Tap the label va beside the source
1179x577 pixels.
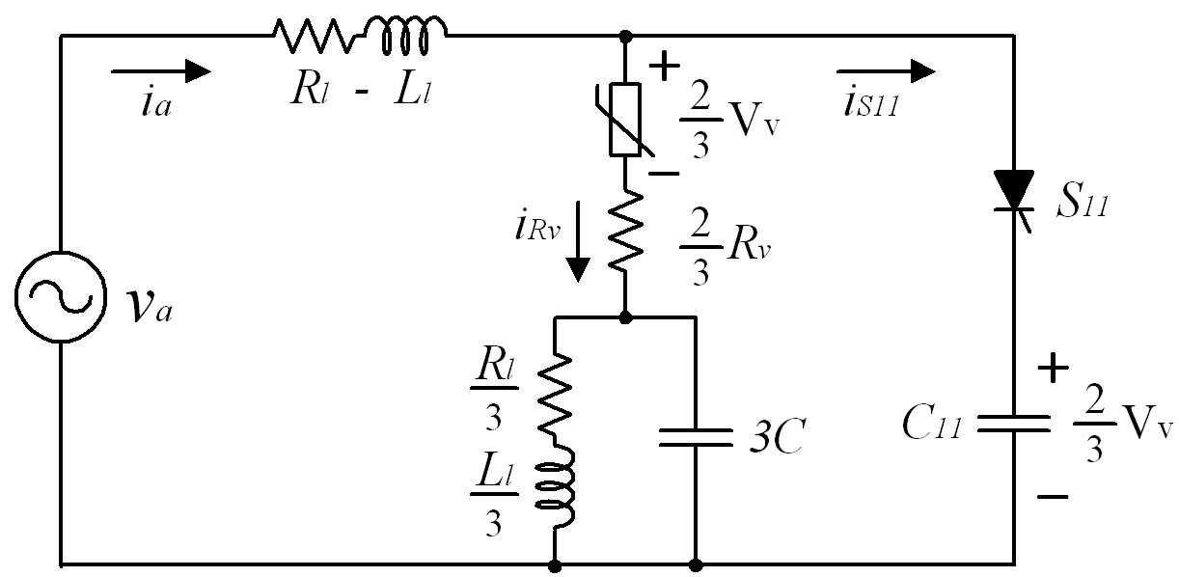[x=149, y=307]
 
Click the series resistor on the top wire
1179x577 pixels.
[x=314, y=36]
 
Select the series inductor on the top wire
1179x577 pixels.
[x=405, y=35]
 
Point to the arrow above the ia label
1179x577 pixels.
[x=161, y=71]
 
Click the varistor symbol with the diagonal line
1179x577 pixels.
[x=625, y=120]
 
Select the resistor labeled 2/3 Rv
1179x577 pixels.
[x=625, y=233]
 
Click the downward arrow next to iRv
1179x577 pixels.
[x=578, y=241]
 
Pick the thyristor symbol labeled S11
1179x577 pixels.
[x=1014, y=200]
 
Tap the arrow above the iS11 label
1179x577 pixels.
[x=887, y=71]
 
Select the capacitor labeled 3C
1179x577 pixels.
[x=696, y=437]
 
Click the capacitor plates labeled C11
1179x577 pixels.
[x=1014, y=424]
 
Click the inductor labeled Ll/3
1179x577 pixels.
[x=555, y=487]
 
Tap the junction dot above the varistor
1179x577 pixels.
[x=625, y=37]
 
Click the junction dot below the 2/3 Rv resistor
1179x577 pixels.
[x=625, y=317]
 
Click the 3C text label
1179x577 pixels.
[x=777, y=436]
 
